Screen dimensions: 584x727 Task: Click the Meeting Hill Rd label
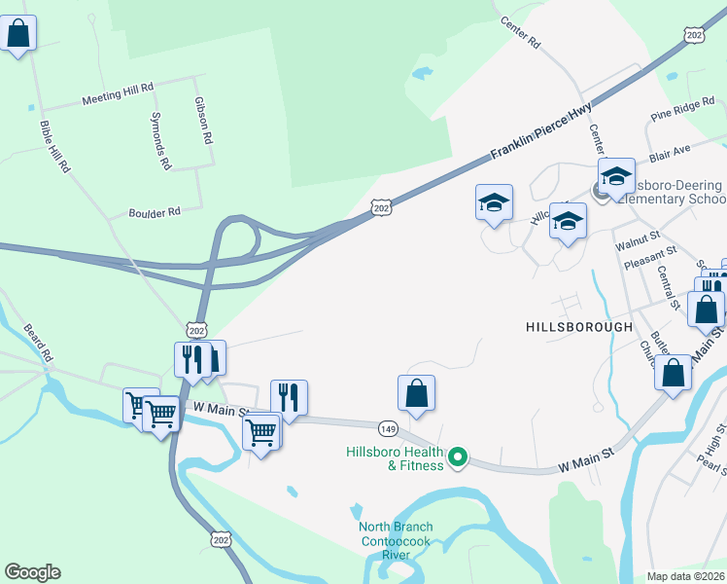pos(119,94)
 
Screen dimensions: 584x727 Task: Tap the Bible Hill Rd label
pos(55,147)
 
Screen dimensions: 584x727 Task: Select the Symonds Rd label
pos(161,140)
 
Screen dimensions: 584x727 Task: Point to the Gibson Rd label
pos(202,121)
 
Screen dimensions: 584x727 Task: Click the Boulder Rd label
pos(156,212)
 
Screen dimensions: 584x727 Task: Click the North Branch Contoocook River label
pos(396,541)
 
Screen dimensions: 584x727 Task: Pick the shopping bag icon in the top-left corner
pos(18,34)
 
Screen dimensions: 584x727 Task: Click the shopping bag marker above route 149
pos(416,393)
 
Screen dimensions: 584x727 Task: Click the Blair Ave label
pos(670,151)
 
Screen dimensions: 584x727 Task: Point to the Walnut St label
pos(643,236)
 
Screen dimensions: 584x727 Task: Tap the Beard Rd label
pos(36,342)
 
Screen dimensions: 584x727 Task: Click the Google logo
pos(32,572)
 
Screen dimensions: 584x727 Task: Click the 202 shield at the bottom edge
pos(223,537)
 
